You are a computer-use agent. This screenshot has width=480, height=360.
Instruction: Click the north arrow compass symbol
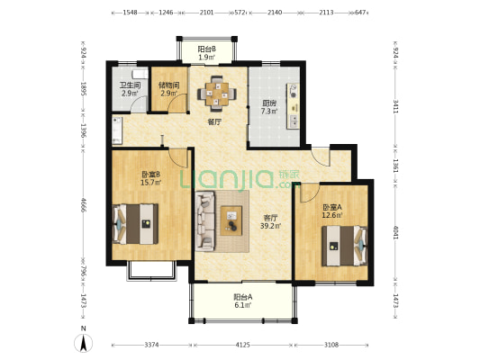point(83,343)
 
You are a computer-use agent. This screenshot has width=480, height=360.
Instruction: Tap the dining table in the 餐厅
point(217,94)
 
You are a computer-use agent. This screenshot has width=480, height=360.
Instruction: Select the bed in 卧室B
point(135,224)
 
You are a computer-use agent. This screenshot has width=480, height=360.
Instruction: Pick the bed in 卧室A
point(344,246)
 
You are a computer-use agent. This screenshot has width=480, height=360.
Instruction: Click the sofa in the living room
point(205,220)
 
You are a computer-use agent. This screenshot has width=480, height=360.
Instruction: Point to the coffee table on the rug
point(231,220)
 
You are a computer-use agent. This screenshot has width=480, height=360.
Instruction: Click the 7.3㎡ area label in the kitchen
point(269,112)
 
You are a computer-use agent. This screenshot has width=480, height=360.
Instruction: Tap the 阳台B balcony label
point(206,49)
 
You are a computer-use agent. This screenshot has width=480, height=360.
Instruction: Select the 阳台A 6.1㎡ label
point(243,301)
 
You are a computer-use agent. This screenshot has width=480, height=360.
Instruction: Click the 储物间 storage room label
point(169,85)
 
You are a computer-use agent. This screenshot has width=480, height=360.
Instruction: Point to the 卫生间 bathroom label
point(130,85)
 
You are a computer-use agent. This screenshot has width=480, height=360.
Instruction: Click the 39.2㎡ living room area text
point(270,226)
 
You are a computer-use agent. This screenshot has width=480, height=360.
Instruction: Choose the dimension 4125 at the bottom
point(243,345)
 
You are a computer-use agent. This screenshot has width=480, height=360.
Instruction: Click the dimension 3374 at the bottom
point(151,345)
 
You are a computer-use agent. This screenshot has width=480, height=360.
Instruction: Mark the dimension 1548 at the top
point(130,13)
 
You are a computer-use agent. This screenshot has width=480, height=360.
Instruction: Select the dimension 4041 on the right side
point(395,233)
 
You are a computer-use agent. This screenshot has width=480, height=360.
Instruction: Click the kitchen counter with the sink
point(294,106)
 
